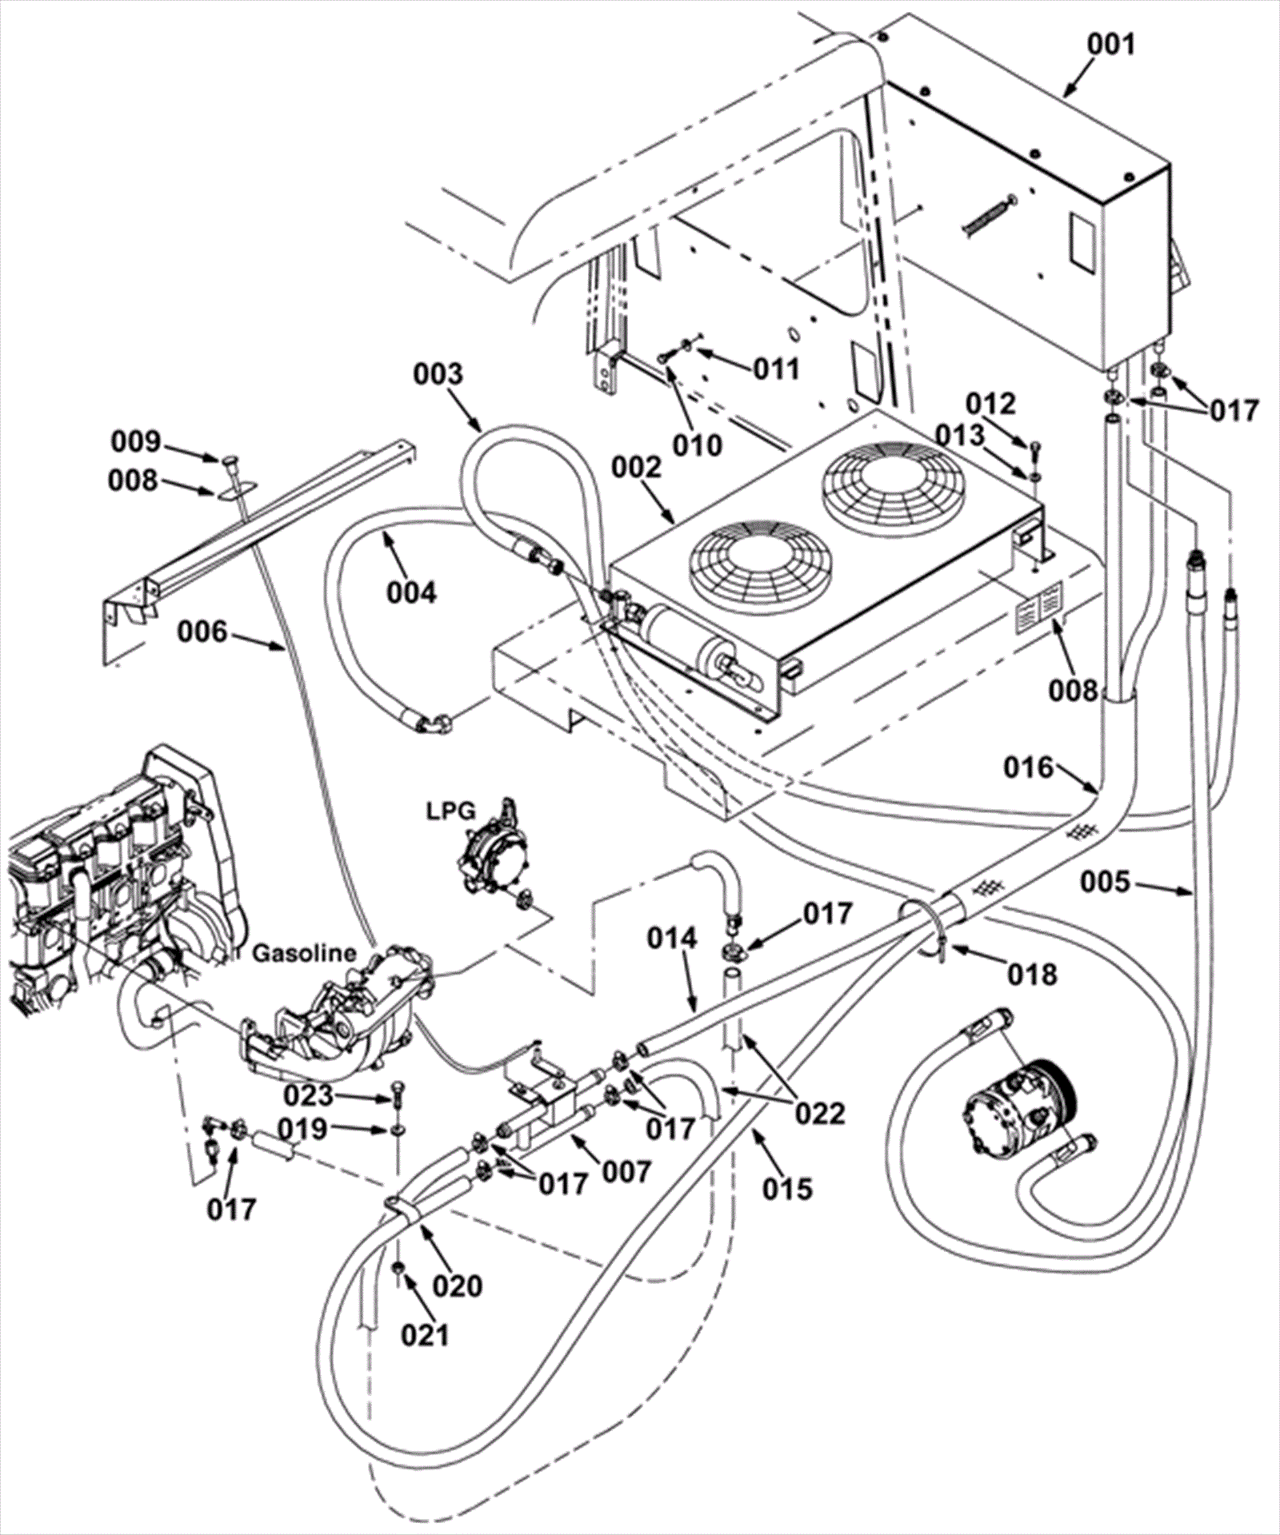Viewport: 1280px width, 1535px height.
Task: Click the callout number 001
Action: coord(1111,45)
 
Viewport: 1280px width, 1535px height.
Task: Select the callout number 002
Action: coord(638,468)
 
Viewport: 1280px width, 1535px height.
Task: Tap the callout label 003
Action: coord(438,373)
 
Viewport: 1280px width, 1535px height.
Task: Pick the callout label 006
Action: coord(202,633)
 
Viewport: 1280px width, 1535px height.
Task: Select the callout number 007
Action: coord(626,1172)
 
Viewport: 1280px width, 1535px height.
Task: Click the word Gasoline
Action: coord(304,953)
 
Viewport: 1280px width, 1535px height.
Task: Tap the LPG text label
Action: coord(451,811)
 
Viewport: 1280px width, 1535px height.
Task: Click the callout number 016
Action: coord(1029,767)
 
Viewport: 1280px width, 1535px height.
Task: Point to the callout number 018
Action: coord(1033,974)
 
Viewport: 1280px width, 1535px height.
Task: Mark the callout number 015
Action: coord(787,1189)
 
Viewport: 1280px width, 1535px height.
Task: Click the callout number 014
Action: coord(673,939)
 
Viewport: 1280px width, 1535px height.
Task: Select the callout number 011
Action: coord(776,369)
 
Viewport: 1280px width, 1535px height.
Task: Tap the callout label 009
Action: coord(135,441)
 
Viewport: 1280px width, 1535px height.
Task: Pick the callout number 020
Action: coord(458,1286)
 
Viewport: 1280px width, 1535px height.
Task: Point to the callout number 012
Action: coord(990,404)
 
